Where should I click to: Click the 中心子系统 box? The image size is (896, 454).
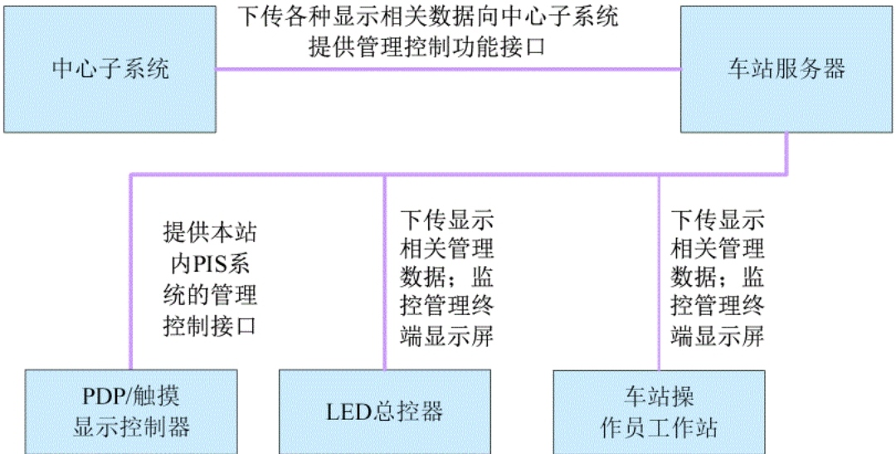(x=110, y=69)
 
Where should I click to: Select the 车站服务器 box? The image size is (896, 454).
(x=786, y=69)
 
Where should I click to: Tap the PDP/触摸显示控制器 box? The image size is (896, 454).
(x=131, y=412)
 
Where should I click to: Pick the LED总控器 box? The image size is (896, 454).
(x=385, y=412)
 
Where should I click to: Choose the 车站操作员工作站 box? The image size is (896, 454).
(x=659, y=412)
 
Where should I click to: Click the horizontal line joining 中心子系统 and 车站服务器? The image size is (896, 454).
(x=448, y=70)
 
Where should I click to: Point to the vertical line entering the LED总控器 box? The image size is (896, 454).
(x=385, y=273)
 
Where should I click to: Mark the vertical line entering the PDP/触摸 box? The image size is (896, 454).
(x=131, y=273)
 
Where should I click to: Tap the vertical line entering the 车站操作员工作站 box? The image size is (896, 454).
(x=659, y=273)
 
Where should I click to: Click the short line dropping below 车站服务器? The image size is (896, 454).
(x=786, y=153)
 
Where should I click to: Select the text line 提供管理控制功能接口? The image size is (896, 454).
(x=427, y=46)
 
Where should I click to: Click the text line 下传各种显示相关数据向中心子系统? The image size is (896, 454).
(x=428, y=16)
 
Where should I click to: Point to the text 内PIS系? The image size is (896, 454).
(x=210, y=264)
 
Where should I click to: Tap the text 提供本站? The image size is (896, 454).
(x=210, y=233)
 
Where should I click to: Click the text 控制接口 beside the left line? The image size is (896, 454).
(x=210, y=326)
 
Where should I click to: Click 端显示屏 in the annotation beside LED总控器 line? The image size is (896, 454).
(x=447, y=336)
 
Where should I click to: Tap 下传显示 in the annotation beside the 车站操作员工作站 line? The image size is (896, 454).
(x=717, y=220)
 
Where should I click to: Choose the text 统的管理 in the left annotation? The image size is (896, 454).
(x=210, y=296)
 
